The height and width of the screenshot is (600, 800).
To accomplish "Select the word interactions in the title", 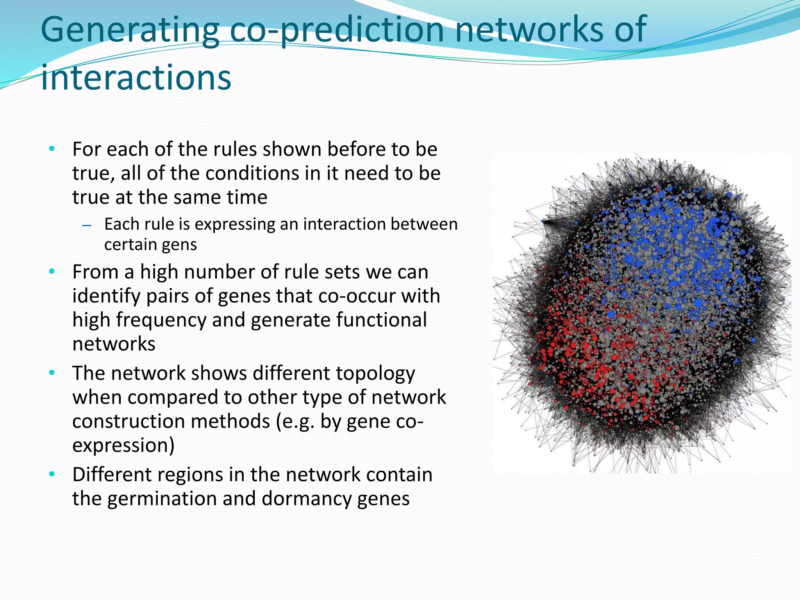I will pos(136,78).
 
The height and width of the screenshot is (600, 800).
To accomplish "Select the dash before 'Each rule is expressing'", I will pos(87,225).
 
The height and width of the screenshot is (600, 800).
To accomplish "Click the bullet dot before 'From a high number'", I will pos(52,271).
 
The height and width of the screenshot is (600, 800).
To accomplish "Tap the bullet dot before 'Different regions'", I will pos(52,475).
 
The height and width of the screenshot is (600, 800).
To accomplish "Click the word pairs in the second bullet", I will pos(168,296).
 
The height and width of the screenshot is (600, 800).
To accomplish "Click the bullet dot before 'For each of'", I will pos(52,149).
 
